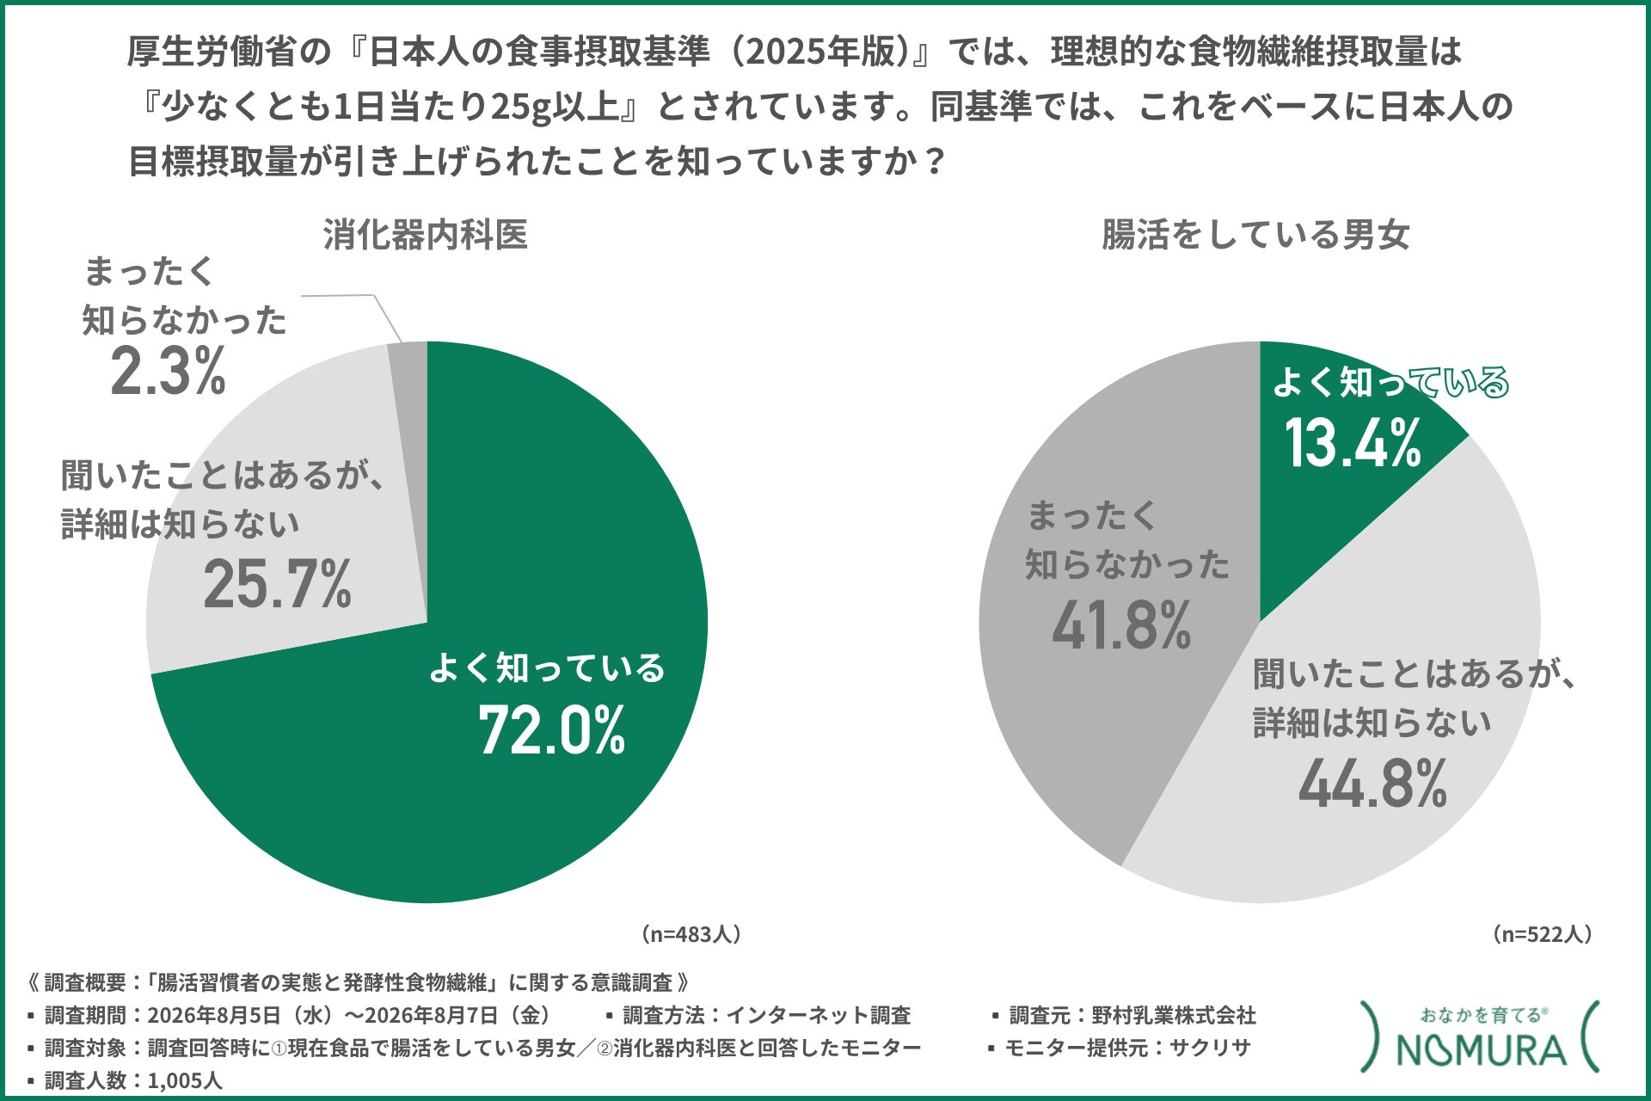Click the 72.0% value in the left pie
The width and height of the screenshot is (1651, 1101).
pyautogui.click(x=552, y=731)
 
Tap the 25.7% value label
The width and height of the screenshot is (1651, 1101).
pyautogui.click(x=278, y=584)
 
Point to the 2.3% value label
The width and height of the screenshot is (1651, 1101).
pyautogui.click(x=169, y=371)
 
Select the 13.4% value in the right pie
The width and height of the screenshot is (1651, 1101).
pyautogui.click(x=1353, y=443)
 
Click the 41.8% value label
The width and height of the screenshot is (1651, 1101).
pyautogui.click(x=1121, y=624)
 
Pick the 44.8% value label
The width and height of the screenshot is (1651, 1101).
pyautogui.click(x=1372, y=783)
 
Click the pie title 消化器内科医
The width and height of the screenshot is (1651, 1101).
pyautogui.click(x=426, y=234)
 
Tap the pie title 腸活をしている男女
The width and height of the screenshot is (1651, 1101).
pyautogui.click(x=1255, y=234)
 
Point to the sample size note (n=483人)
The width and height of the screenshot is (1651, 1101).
pyautogui.click(x=690, y=934)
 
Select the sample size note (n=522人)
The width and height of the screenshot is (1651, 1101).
pyautogui.click(x=1541, y=934)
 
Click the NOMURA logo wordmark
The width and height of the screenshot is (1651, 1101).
pyautogui.click(x=1481, y=1050)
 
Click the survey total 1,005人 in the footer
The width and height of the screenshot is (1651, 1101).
pyautogui.click(x=185, y=1080)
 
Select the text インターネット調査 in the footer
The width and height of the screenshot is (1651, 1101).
pyautogui.click(x=818, y=1016)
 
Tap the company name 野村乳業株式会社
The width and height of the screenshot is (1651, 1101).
pyautogui.click(x=1174, y=1016)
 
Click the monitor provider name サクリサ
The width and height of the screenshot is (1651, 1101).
pyautogui.click(x=1210, y=1048)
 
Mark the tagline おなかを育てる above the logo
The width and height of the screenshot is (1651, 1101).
pyautogui.click(x=1482, y=1015)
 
